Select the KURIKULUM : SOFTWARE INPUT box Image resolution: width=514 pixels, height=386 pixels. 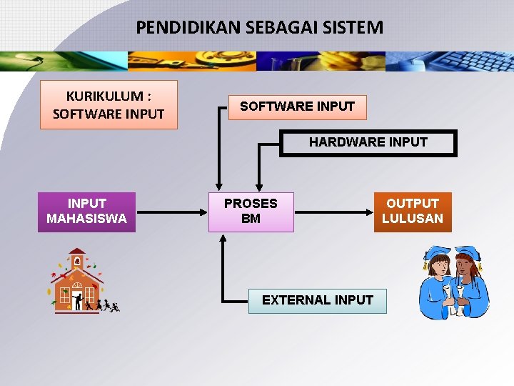pos(109,105)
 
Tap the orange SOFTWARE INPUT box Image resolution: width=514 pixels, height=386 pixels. pos(297,107)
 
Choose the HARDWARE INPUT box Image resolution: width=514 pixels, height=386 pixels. pos(368,142)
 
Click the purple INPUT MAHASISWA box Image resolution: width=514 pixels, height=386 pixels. pos(86,212)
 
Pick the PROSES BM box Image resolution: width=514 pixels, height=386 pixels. pos(251,212)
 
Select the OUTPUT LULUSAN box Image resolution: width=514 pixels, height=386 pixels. pos(412,212)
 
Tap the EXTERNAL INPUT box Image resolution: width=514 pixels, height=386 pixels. pos(317,300)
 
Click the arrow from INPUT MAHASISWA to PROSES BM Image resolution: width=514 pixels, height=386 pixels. pos(171,212)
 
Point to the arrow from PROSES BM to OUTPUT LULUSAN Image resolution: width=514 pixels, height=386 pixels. pos(333,212)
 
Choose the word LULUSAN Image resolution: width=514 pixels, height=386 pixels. pos(412,219)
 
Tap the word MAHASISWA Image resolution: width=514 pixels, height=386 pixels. pos(86,219)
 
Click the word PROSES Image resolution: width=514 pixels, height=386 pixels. pos(251,204)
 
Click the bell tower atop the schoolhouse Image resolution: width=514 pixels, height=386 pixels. pos(76,258)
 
